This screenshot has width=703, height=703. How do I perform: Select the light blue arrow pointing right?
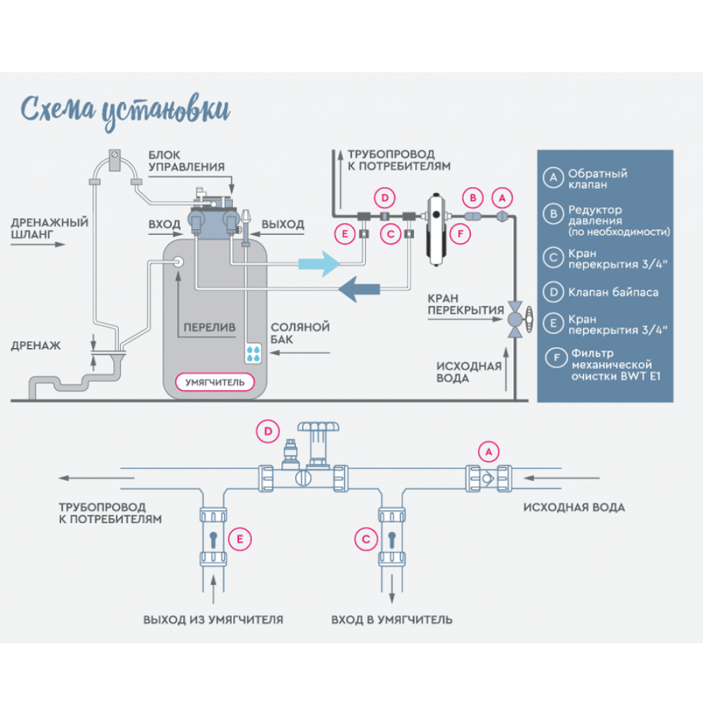[318, 264]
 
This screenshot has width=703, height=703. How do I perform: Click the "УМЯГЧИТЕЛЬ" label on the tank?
[215, 382]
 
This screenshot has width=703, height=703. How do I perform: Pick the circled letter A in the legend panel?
[553, 179]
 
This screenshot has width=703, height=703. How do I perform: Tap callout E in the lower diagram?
[240, 539]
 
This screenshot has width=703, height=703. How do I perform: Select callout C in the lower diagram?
[366, 539]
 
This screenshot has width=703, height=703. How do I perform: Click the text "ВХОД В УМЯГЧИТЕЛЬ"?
[392, 620]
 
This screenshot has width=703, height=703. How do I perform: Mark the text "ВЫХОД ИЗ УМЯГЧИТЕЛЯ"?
[213, 620]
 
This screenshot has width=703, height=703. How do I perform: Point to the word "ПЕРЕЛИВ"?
[209, 328]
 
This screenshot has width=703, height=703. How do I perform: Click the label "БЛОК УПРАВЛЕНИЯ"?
[186, 160]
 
